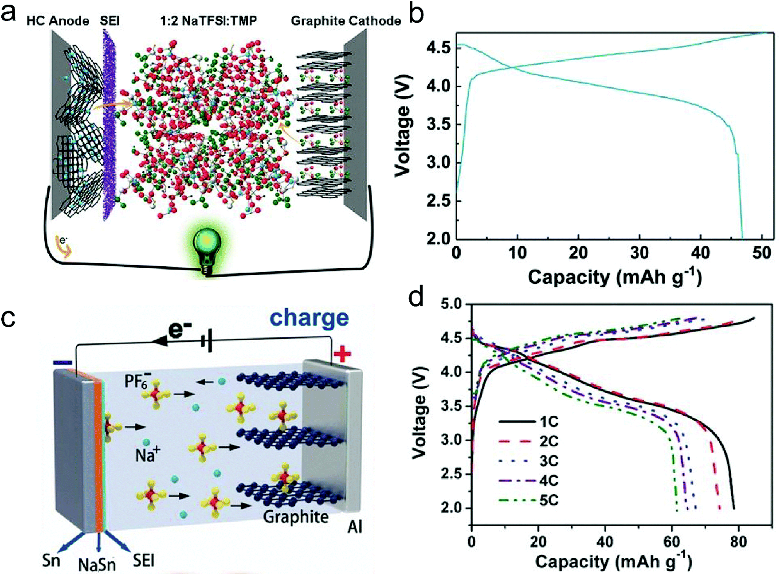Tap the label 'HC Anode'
tap(58, 21)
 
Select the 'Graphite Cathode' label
tap(345, 21)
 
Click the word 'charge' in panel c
tap(310, 318)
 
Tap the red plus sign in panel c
tap(342, 354)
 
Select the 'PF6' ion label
tap(137, 380)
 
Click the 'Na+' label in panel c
tap(148, 454)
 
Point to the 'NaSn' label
tap(97, 564)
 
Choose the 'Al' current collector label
tap(355, 526)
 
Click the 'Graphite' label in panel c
tap(296, 516)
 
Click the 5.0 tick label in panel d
tap(451, 304)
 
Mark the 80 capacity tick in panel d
tap(738, 542)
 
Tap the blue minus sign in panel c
tap(63, 363)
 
